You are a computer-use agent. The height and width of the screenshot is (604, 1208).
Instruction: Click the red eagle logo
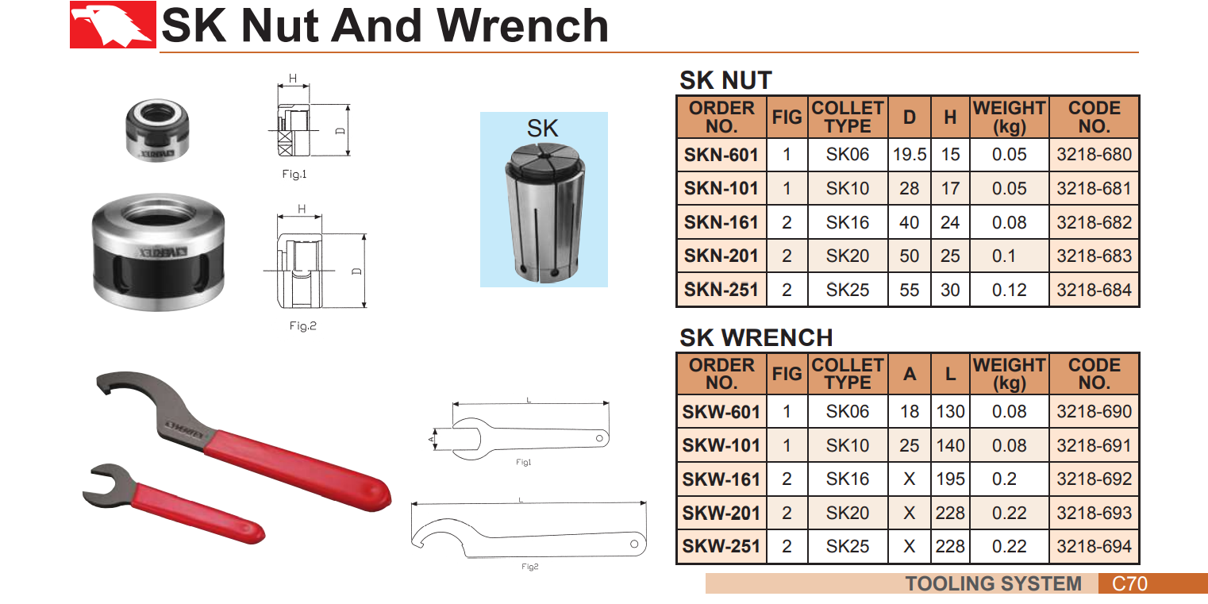[113, 25]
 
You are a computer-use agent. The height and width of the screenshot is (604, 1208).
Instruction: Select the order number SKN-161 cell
[721, 222]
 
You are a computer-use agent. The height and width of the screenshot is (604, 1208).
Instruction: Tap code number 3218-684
[1094, 290]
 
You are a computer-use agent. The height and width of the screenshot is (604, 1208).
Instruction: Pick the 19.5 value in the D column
[910, 155]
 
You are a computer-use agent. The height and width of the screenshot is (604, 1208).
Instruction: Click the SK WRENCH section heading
[756, 338]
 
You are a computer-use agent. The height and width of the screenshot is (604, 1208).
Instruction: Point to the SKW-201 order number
[721, 513]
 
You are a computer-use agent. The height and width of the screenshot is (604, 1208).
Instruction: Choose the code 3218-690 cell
[1094, 412]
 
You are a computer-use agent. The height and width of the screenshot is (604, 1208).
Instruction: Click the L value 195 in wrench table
[950, 479]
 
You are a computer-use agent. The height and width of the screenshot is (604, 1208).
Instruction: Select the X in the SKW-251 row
[910, 546]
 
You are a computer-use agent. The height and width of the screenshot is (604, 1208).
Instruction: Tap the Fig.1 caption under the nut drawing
[294, 174]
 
